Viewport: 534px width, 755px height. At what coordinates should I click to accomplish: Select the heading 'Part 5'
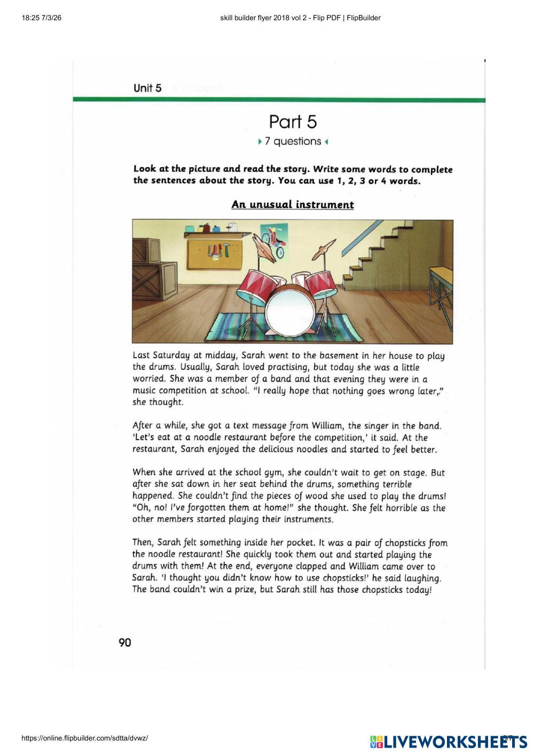[293, 122]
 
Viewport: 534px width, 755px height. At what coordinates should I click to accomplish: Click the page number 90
[124, 642]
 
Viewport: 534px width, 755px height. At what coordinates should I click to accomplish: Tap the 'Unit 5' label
[147, 88]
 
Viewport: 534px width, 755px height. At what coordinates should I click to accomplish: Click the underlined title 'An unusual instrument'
[293, 205]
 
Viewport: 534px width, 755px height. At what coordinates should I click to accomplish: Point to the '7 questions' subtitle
[293, 141]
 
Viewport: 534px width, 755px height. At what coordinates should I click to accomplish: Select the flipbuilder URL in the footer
[84, 738]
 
